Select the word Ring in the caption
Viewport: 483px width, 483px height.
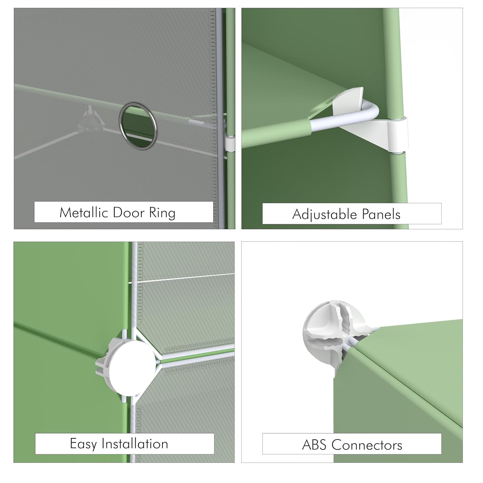click(x=162, y=213)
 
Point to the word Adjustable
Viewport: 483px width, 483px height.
click(x=325, y=215)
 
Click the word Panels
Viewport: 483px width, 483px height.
click(x=381, y=214)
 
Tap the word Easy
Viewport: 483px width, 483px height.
click(x=83, y=444)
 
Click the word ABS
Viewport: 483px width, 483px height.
click(x=315, y=445)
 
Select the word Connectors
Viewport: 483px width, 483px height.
click(x=367, y=445)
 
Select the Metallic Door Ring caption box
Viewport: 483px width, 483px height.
click(x=124, y=212)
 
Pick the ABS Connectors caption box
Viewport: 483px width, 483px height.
click(x=352, y=444)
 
